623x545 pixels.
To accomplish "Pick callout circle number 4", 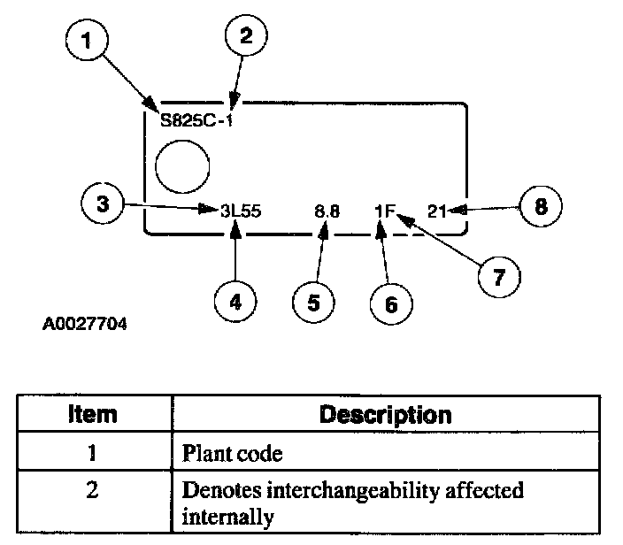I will click(235, 301).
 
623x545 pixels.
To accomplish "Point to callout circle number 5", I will click(314, 302).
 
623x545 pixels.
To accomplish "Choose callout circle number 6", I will click(391, 303).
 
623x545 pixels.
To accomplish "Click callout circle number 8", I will click(540, 206).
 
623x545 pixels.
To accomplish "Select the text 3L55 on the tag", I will click(241, 211).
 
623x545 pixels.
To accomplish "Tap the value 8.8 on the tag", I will click(327, 211).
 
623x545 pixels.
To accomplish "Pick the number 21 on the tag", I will click(436, 211).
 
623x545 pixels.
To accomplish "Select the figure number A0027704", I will click(85, 324).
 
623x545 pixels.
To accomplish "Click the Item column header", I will click(92, 414).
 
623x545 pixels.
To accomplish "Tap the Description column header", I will click(384, 414).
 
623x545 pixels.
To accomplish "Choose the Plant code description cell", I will click(232, 454).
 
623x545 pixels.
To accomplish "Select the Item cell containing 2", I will click(92, 489).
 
